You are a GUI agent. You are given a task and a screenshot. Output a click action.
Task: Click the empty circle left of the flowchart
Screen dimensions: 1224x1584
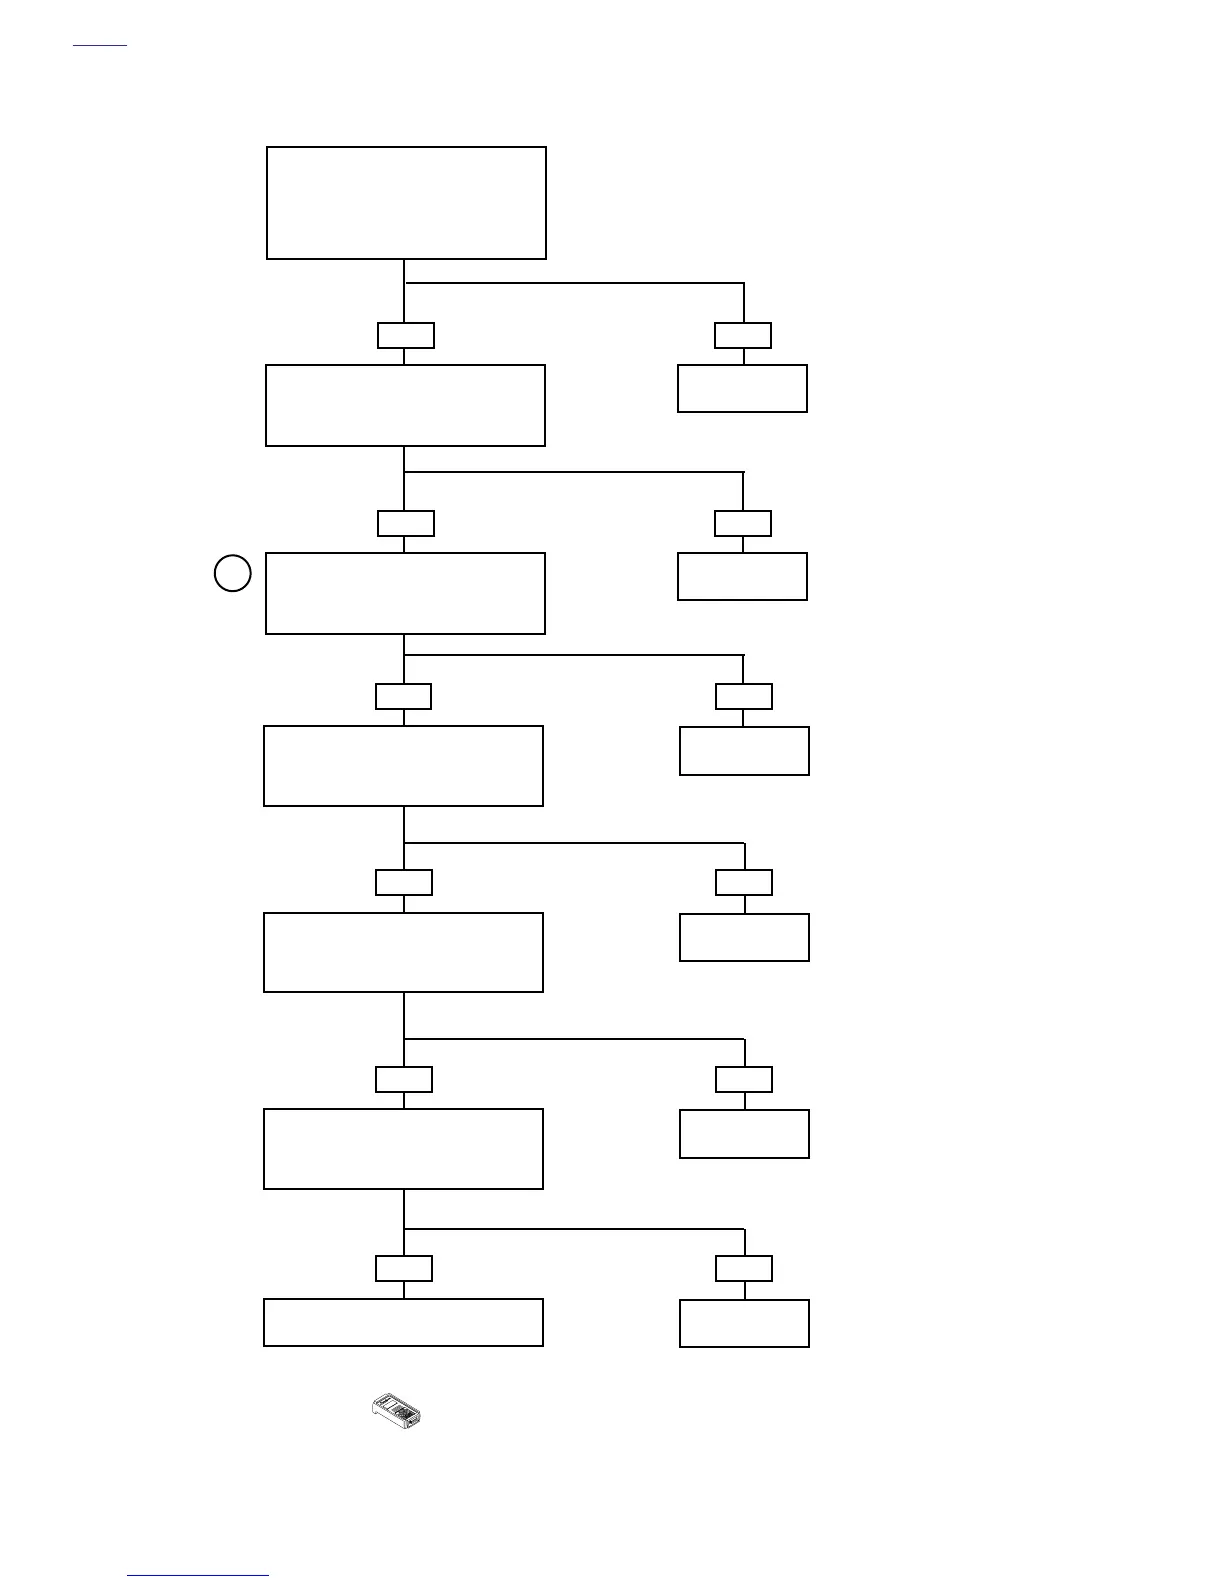(233, 573)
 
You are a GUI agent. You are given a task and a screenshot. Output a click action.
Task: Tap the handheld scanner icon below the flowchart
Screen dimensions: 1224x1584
(397, 1410)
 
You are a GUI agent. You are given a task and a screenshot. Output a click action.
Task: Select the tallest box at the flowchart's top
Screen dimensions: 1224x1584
(406, 203)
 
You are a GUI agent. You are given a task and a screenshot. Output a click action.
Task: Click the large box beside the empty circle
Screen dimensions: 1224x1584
(405, 593)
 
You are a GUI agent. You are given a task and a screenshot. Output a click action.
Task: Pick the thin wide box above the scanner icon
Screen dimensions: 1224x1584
(403, 1322)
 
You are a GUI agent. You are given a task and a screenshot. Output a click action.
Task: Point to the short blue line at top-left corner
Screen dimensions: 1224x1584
(100, 45)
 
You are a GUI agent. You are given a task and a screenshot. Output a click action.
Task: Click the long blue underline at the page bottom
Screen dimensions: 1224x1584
(198, 1576)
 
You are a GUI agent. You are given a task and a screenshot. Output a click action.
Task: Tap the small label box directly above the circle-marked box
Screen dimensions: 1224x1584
(406, 523)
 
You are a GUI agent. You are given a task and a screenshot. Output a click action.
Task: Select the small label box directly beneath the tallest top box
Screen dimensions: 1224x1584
(406, 335)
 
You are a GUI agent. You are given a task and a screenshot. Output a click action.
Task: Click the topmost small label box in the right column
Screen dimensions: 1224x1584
(743, 335)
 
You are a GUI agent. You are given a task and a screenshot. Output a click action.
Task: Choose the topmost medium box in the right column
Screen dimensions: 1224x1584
(742, 388)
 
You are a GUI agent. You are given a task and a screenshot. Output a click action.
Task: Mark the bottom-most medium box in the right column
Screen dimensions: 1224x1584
(744, 1323)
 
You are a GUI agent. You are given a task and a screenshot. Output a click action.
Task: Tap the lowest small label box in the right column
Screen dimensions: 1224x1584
(744, 1268)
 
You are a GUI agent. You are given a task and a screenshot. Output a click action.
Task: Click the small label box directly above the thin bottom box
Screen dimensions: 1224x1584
(404, 1268)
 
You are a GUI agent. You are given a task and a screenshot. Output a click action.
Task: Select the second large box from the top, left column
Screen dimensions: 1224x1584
(405, 405)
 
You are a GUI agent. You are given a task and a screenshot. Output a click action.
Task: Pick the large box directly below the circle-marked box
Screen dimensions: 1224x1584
(403, 766)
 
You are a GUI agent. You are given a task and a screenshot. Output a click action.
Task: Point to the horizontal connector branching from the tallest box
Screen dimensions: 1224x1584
(574, 283)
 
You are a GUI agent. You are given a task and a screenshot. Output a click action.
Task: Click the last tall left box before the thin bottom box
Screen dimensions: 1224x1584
(403, 1148)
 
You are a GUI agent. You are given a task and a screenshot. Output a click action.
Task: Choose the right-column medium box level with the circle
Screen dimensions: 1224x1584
(742, 576)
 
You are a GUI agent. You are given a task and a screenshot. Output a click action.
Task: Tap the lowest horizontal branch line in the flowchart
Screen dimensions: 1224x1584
(574, 1228)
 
